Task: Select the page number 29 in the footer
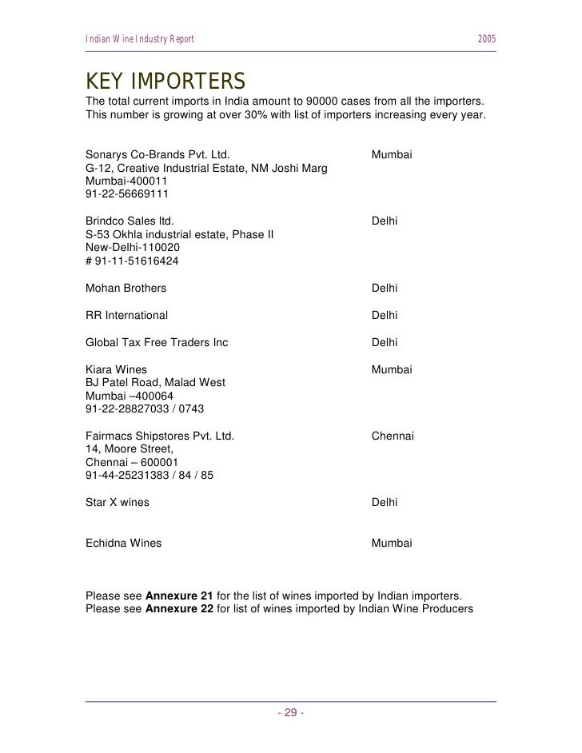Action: coord(290,713)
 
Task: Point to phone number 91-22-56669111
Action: coord(126,193)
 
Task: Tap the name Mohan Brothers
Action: coord(126,289)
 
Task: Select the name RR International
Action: coord(126,316)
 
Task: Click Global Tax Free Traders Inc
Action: coord(156,343)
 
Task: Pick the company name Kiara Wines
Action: coord(117,370)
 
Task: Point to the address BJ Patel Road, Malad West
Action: coord(155,383)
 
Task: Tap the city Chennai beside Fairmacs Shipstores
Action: coord(393,437)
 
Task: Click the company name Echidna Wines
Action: coord(123,544)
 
